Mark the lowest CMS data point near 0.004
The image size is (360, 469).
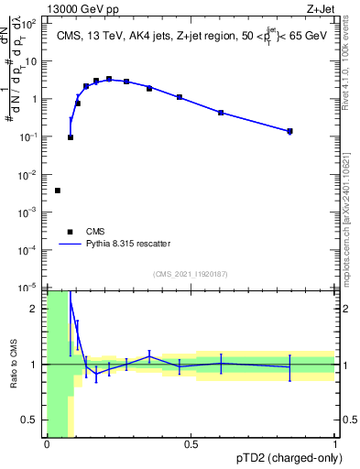(x=58, y=191)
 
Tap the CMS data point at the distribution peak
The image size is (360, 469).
(x=109, y=79)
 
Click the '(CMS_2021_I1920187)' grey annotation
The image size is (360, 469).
(x=190, y=273)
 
